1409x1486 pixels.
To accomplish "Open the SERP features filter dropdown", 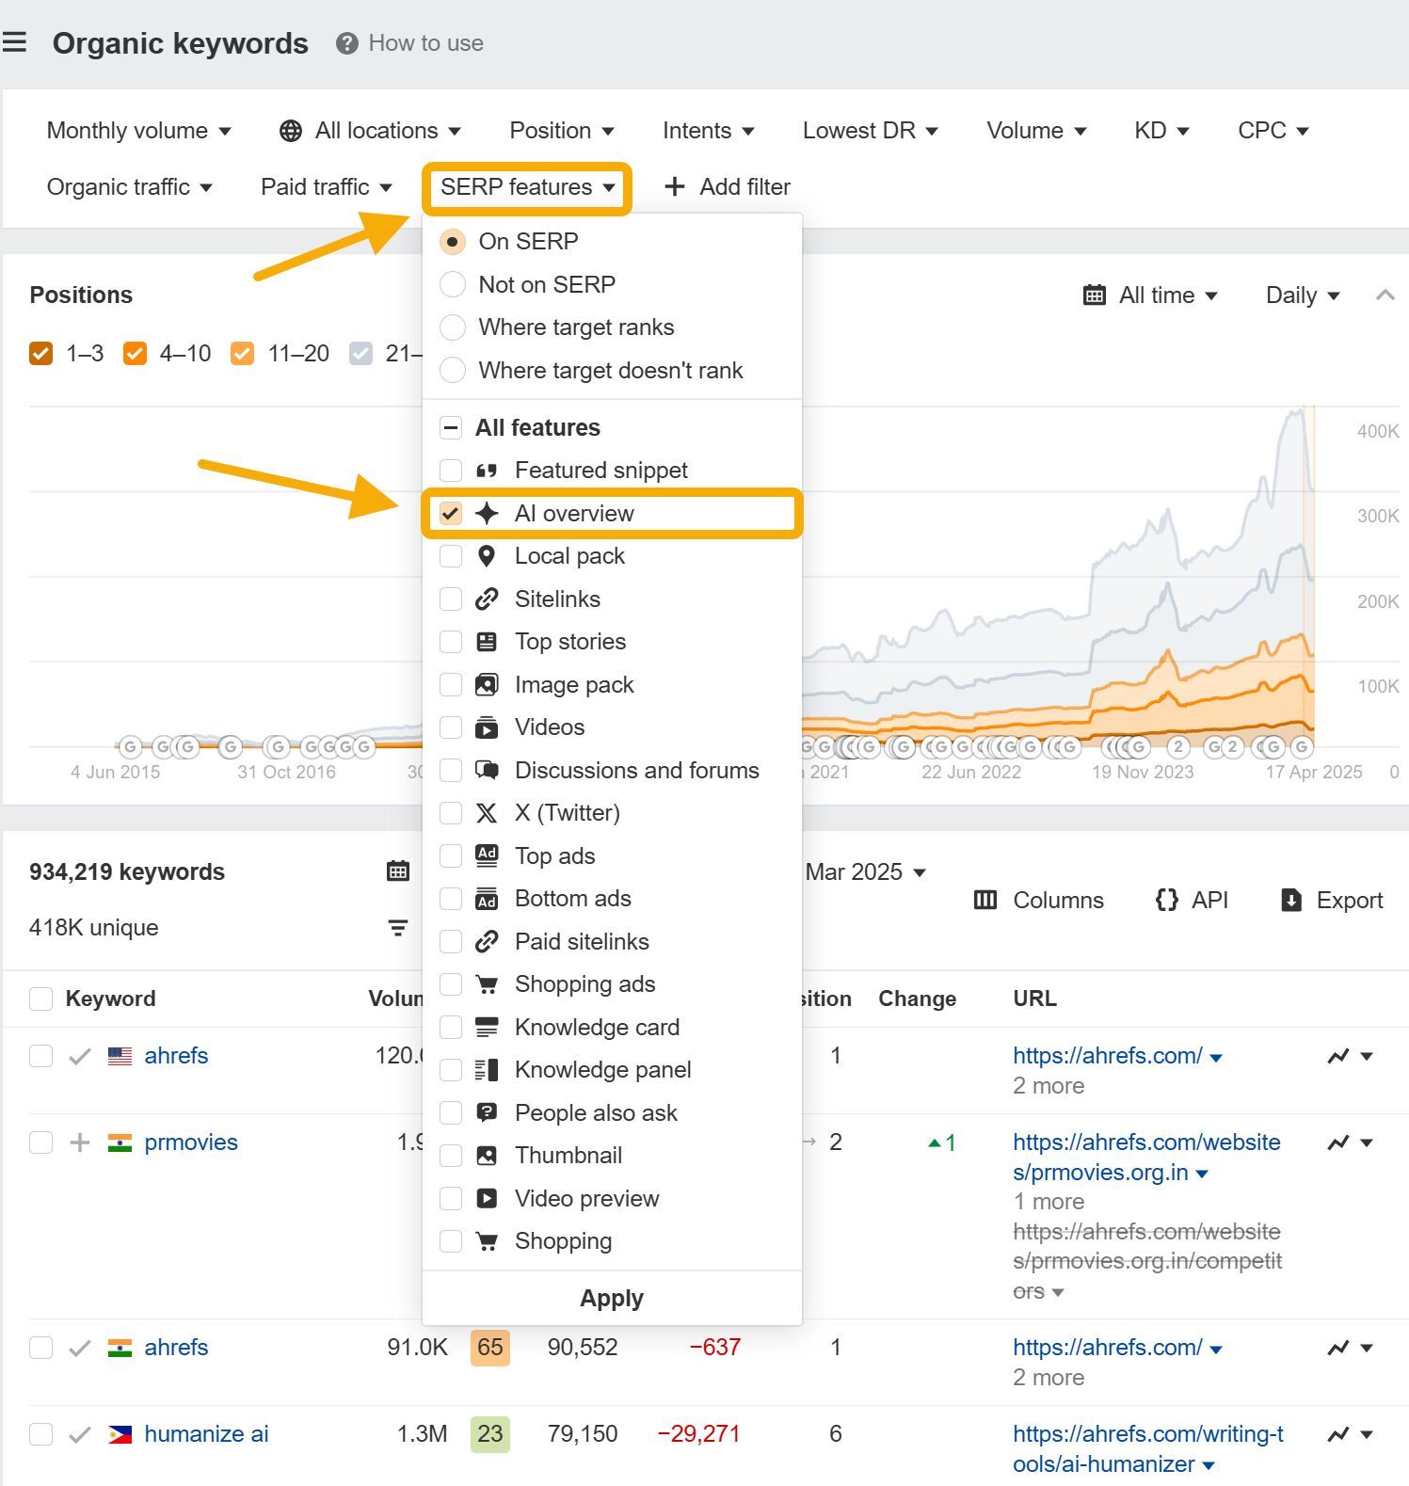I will [x=526, y=187].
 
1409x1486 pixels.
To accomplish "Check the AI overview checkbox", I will [x=451, y=514].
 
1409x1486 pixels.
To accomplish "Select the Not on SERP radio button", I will [x=453, y=284].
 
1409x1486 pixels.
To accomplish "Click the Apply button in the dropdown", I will [x=612, y=1299].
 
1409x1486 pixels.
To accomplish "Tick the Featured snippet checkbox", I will [x=451, y=471].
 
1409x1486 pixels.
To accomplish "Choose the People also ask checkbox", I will [x=451, y=1113].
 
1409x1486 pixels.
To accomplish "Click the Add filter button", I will [x=728, y=187].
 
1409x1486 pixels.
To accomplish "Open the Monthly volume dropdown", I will [x=138, y=131].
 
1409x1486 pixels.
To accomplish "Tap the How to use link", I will [x=411, y=43].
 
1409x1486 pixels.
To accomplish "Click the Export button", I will [x=1333, y=901].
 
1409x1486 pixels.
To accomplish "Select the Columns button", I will [x=1039, y=901].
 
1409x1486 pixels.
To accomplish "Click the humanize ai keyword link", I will [x=206, y=1434].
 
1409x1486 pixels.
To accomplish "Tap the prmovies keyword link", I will [x=191, y=1142].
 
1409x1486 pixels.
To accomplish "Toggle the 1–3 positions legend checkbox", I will [x=41, y=354].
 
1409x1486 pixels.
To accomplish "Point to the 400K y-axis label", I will [x=1378, y=431].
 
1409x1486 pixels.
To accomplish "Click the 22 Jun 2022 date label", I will [x=971, y=773].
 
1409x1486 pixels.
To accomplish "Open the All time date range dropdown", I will [x=1150, y=296].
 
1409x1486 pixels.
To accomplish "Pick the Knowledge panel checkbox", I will [x=451, y=1070].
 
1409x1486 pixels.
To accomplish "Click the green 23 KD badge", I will [x=489, y=1434].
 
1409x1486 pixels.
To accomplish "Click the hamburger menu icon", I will [x=14, y=42].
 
